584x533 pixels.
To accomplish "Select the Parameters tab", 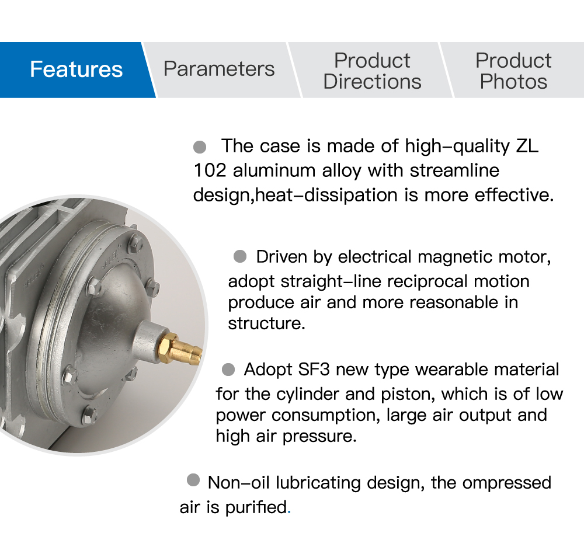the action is coord(220,70).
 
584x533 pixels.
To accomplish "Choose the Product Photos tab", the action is coord(514,70).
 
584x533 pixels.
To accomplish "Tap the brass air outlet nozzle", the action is coord(180,349).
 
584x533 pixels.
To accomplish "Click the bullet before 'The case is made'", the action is coord(200,147).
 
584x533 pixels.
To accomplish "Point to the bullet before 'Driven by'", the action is coord(240,256).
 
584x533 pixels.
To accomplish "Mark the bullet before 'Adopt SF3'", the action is coord(228,370).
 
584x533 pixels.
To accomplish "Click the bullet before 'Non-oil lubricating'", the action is coord(193,480).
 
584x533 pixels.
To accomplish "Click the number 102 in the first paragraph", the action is coord(210,170).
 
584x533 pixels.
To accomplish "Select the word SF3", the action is coord(314,370).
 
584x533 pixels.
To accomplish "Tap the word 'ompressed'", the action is coord(506,483).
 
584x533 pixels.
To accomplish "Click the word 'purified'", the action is coord(256,507).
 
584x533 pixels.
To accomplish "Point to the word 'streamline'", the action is coord(454,170).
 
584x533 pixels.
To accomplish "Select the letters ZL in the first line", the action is coord(527,146).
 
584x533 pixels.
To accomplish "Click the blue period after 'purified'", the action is coord(289,513).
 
